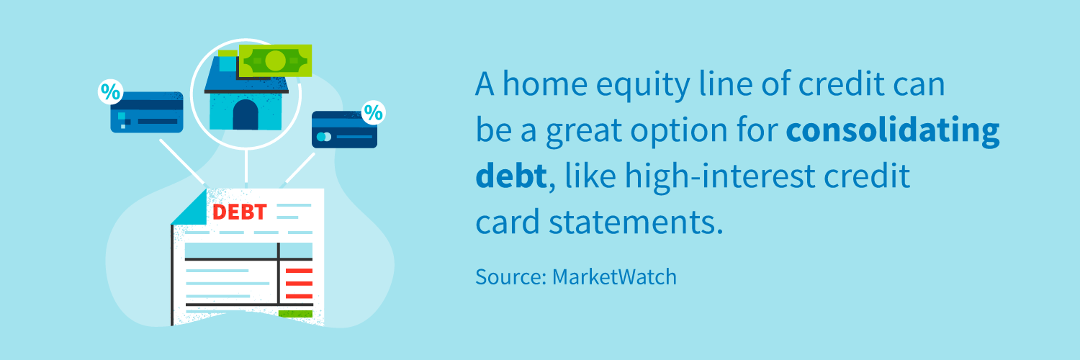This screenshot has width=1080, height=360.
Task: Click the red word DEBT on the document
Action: pyautogui.click(x=239, y=212)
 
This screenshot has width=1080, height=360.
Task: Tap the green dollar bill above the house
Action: pyautogui.click(x=275, y=60)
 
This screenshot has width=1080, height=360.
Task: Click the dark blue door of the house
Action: pyautogui.click(x=246, y=114)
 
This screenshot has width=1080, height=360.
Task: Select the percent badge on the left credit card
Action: pyautogui.click(x=110, y=91)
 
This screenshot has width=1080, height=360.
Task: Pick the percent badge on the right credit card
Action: pyautogui.click(x=373, y=113)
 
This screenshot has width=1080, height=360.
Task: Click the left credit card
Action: pyautogui.click(x=147, y=112)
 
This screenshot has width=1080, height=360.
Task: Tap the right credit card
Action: pyautogui.click(x=344, y=130)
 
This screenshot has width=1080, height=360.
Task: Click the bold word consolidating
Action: pyautogui.click(x=893, y=131)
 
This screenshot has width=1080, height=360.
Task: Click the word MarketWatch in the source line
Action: pyautogui.click(x=614, y=277)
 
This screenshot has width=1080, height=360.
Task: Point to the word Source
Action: pyautogui.click(x=510, y=277)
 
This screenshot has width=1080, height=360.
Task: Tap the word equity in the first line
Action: pyautogui.click(x=643, y=85)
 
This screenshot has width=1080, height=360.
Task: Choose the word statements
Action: pyautogui.click(x=636, y=222)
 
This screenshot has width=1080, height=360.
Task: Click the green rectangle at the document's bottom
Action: pyautogui.click(x=295, y=314)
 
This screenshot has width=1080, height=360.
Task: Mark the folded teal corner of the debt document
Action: pyautogui.click(x=189, y=207)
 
